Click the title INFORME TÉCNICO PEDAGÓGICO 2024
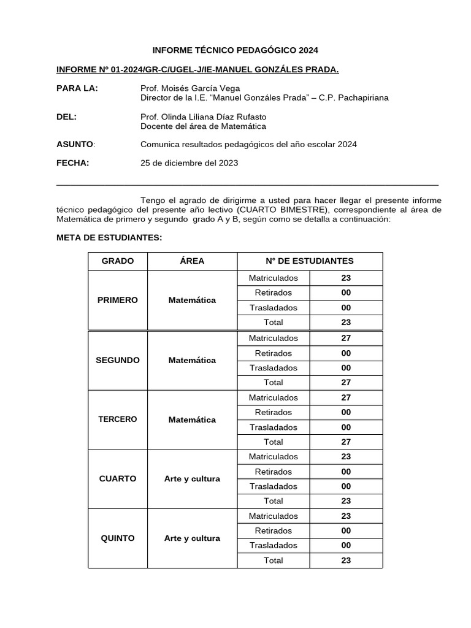(x=235, y=50)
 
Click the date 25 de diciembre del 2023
(x=189, y=163)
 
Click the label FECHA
(x=72, y=163)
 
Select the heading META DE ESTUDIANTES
(x=109, y=237)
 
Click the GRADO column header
(x=118, y=261)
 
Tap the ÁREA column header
(x=192, y=261)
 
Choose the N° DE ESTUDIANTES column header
(x=310, y=261)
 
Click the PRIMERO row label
(x=118, y=300)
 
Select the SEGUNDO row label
(x=118, y=360)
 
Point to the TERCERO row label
(x=118, y=419)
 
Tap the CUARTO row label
(x=118, y=478)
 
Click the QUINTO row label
(x=118, y=538)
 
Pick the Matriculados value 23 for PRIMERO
(x=346, y=278)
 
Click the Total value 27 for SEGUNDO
(x=346, y=383)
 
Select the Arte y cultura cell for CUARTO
(x=192, y=478)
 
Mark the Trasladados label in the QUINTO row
(x=273, y=545)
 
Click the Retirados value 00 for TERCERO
(x=346, y=412)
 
